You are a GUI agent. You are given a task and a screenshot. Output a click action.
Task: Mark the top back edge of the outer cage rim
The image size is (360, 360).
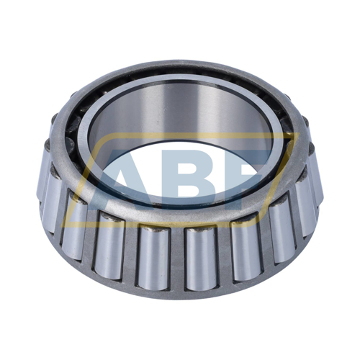[x=180, y=67]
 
